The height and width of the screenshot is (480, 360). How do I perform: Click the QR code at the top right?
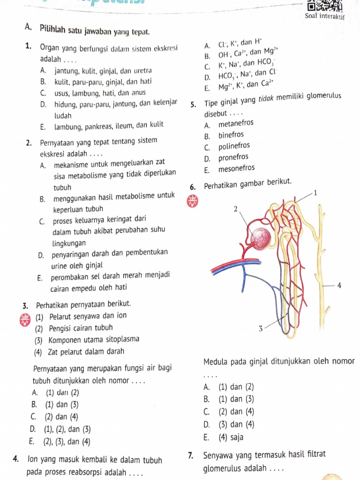pyautogui.click(x=324, y=6)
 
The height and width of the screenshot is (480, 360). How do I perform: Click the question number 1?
pyautogui.click(x=29, y=48)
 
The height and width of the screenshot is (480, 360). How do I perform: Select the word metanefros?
pyautogui.click(x=236, y=124)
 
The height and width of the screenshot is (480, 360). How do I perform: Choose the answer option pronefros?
pyautogui.click(x=233, y=157)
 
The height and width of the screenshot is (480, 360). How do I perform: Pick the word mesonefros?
pyautogui.click(x=237, y=168)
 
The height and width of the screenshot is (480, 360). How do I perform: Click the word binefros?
pyautogui.click(x=231, y=135)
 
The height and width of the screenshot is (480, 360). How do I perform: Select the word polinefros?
pyautogui.click(x=234, y=146)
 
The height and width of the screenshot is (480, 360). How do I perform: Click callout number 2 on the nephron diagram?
pyautogui.click(x=236, y=209)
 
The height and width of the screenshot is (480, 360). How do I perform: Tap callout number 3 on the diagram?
pyautogui.click(x=261, y=329)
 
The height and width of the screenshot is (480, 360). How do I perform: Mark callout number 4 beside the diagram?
pyautogui.click(x=339, y=285)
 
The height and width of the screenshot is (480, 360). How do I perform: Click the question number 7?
pyautogui.click(x=190, y=455)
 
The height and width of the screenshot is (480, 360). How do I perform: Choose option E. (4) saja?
pyautogui.click(x=224, y=438)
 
